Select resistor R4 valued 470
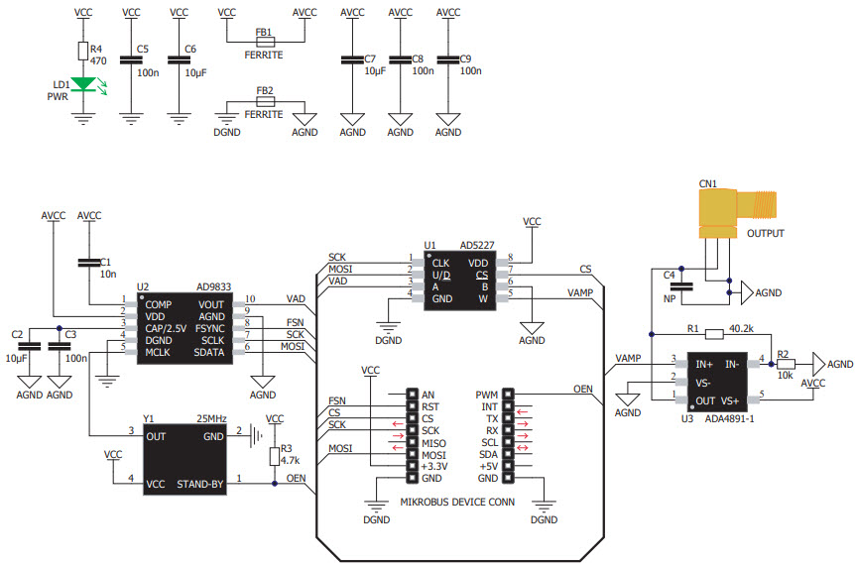[83, 53]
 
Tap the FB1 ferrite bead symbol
[264, 43]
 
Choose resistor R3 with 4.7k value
[275, 455]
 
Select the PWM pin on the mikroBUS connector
[486, 394]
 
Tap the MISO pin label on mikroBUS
[433, 442]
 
